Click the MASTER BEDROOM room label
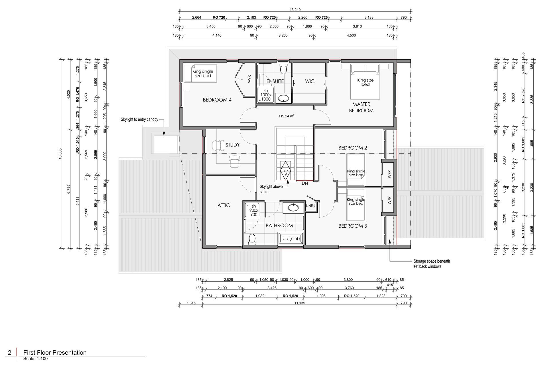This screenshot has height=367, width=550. [361, 107]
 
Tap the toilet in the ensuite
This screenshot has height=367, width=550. [283, 68]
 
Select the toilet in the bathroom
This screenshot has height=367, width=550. [252, 239]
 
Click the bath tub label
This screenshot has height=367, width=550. [291, 239]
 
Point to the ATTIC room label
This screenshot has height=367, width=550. [223, 205]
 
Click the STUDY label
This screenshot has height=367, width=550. [233, 145]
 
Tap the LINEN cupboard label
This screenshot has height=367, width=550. [311, 206]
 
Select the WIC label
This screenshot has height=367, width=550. [310, 81]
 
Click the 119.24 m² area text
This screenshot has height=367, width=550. [286, 116]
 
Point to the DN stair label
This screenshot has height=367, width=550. [305, 183]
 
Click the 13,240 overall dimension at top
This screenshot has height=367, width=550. [295, 10]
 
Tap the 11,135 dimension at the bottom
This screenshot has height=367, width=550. [300, 303]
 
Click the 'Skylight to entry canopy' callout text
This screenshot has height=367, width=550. [140, 119]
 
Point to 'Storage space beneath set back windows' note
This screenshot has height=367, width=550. [432, 264]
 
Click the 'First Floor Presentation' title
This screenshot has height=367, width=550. [55, 353]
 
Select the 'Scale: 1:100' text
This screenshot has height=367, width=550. [36, 359]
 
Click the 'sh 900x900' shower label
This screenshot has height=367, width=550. [254, 210]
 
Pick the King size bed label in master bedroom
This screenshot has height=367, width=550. [365, 82]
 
